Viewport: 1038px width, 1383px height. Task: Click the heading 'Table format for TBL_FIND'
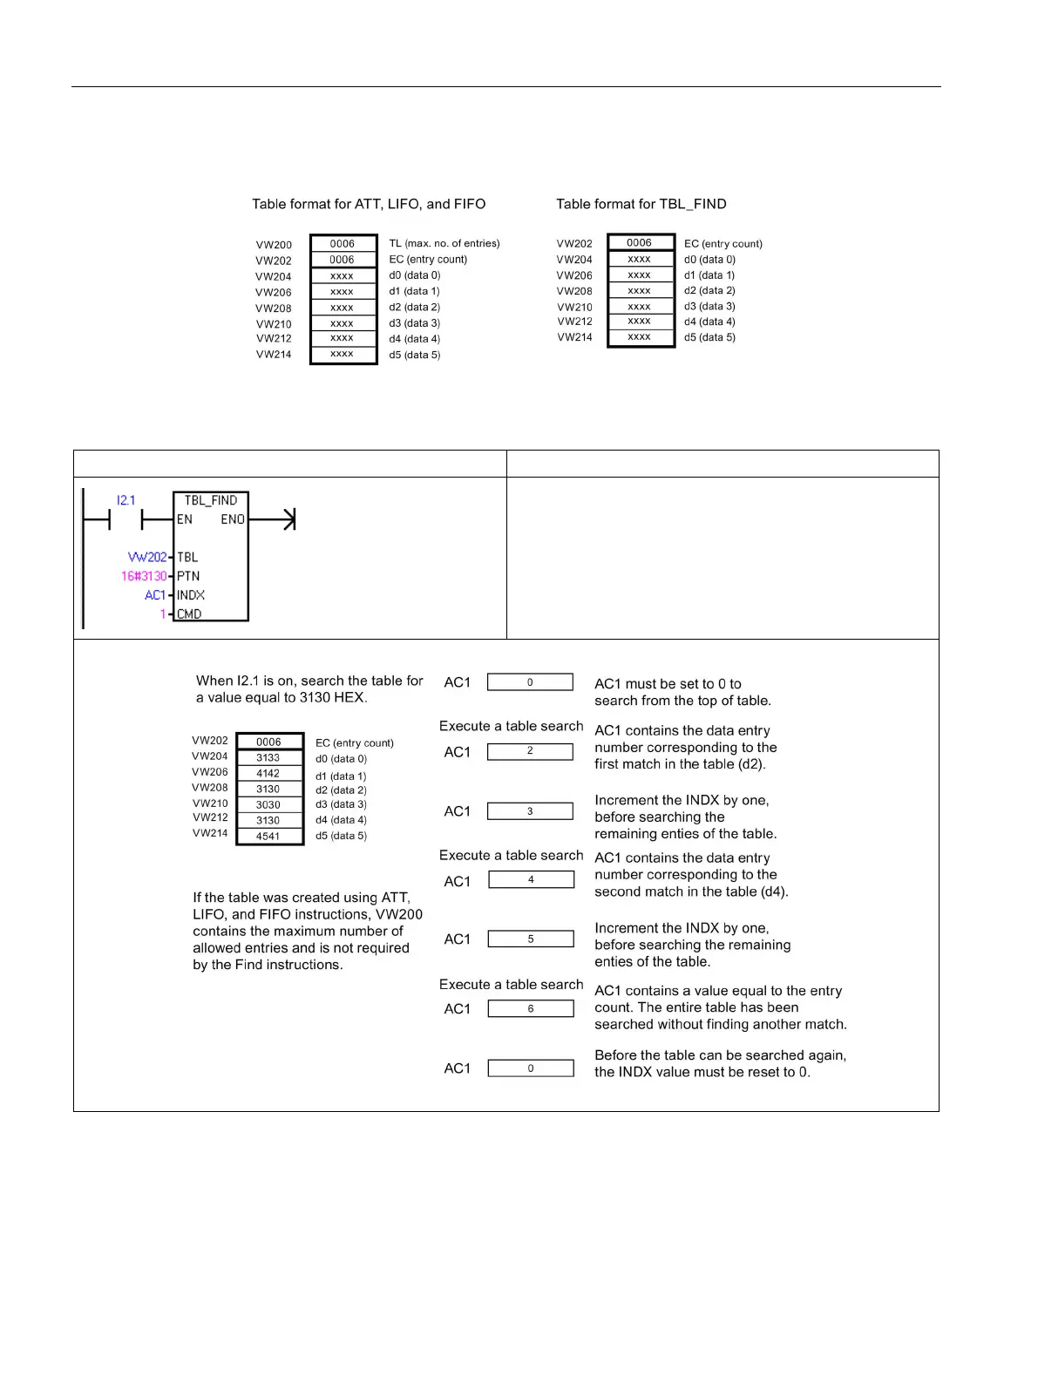tap(641, 204)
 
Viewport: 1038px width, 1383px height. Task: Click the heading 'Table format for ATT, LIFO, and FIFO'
tap(369, 204)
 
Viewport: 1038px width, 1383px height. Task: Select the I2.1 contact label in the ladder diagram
tap(126, 500)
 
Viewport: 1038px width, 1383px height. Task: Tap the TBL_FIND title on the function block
tap(211, 500)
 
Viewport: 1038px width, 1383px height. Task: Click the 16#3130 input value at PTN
tap(144, 576)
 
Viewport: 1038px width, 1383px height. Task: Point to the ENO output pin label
tap(233, 519)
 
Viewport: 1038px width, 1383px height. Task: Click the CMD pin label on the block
tap(189, 614)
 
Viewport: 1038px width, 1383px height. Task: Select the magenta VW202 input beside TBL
tap(147, 557)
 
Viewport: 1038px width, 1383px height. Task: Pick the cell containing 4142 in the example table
tap(268, 774)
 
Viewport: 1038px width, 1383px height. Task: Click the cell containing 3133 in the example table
tap(268, 758)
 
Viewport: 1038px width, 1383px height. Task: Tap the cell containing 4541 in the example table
tap(268, 837)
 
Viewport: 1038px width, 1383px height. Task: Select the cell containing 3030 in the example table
tap(268, 805)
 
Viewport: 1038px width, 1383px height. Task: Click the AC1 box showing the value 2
tap(530, 751)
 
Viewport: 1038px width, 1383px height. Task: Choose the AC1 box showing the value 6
tap(531, 1009)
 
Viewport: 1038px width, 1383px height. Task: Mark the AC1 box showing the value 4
tap(531, 880)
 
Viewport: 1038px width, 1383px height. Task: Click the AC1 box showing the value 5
tap(531, 939)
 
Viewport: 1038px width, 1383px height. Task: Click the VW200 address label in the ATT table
tap(274, 245)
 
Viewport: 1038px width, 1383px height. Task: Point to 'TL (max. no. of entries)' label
tap(444, 244)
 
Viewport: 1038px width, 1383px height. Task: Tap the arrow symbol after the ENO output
tap(288, 520)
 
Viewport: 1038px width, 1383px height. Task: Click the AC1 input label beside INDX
tap(155, 595)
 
